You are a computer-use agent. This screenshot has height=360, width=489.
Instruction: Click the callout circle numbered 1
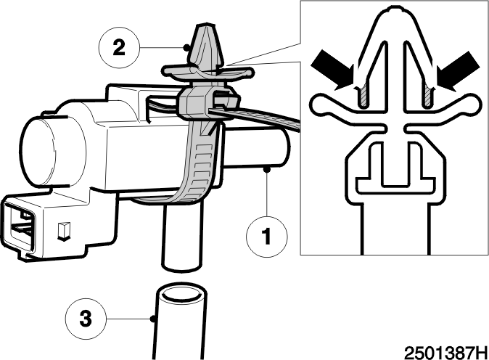pyautogui.click(x=267, y=236)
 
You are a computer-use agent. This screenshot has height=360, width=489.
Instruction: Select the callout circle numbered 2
pyautogui.click(x=119, y=47)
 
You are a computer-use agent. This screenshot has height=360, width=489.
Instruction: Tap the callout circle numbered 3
pyautogui.click(x=86, y=319)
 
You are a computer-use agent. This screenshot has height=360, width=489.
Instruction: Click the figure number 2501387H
pyautogui.click(x=445, y=353)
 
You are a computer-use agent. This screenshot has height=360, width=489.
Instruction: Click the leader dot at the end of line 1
pyautogui.click(x=267, y=169)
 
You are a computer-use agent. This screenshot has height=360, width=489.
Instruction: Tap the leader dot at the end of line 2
pyautogui.click(x=186, y=48)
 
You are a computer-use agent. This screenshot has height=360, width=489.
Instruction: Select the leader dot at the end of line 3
pyautogui.click(x=153, y=319)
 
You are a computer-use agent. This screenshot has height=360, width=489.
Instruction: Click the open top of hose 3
pyautogui.click(x=181, y=294)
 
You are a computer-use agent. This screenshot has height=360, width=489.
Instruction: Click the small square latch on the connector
pyautogui.click(x=63, y=232)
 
